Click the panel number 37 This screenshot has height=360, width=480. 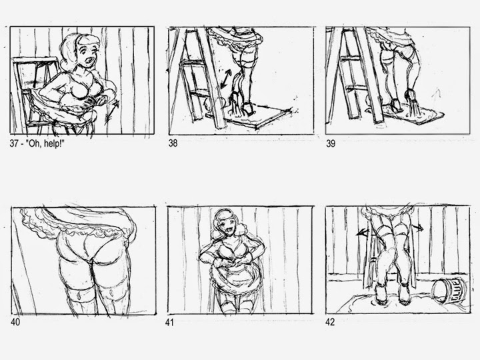point(14,143)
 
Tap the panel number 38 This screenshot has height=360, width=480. point(173,143)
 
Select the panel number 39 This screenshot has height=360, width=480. point(331,143)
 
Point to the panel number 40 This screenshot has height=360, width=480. point(15,322)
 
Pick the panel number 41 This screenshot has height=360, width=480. point(169,322)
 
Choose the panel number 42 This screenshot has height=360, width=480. point(330,322)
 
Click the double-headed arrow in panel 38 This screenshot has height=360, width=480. point(225,79)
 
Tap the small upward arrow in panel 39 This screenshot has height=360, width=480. point(436,95)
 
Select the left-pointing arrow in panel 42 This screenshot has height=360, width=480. point(363,233)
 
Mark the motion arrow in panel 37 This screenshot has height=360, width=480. point(112,113)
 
